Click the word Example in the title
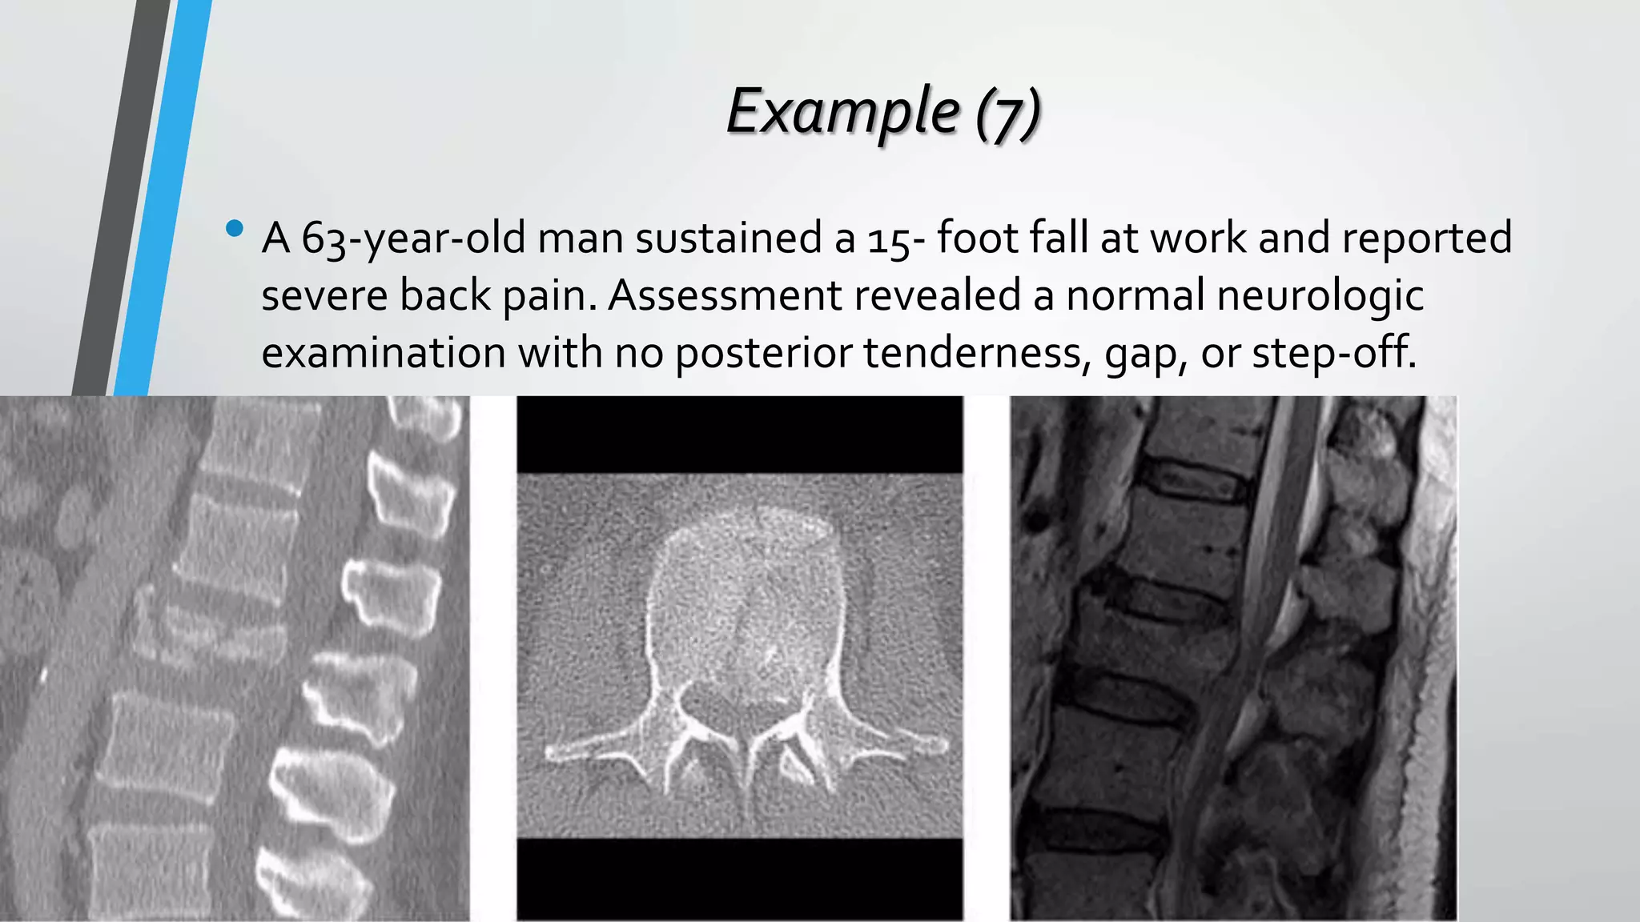(843, 112)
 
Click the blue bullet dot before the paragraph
(235, 229)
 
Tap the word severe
(324, 295)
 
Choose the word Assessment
(725, 295)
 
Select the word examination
(383, 353)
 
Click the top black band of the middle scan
(739, 434)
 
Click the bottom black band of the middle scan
(739, 879)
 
